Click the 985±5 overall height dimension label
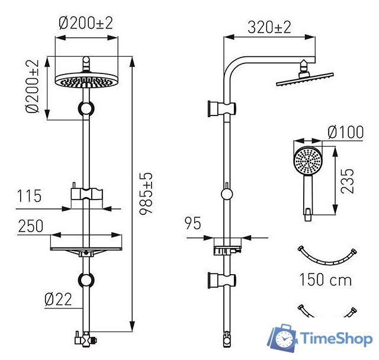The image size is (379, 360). [146, 193]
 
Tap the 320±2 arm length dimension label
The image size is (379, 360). [269, 27]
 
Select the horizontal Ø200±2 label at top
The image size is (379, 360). [86, 23]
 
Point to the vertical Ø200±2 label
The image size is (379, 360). [33, 86]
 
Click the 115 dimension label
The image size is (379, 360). [29, 196]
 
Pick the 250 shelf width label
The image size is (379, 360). [31, 226]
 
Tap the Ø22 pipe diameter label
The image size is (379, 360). [58, 300]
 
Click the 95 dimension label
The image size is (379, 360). [193, 223]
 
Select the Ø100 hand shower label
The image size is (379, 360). [346, 132]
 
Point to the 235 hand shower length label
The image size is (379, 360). [347, 181]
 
